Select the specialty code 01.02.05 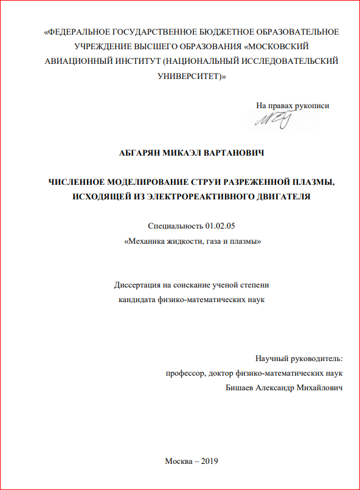pos(219,226)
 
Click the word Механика pos(146,241)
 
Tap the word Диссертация pos(138,285)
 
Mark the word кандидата pos(137,300)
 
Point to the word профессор pos(185,373)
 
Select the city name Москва pos(179,460)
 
